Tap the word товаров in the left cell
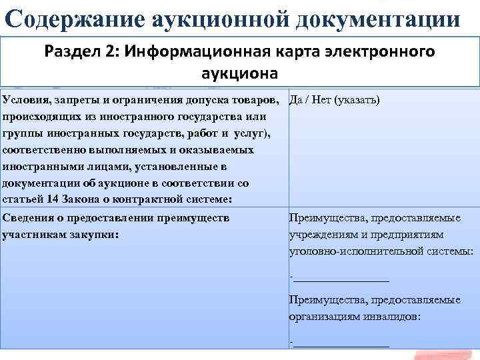(255, 100)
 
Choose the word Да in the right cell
(297, 100)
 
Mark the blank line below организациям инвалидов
(341, 344)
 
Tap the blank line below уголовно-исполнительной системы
(341, 279)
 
